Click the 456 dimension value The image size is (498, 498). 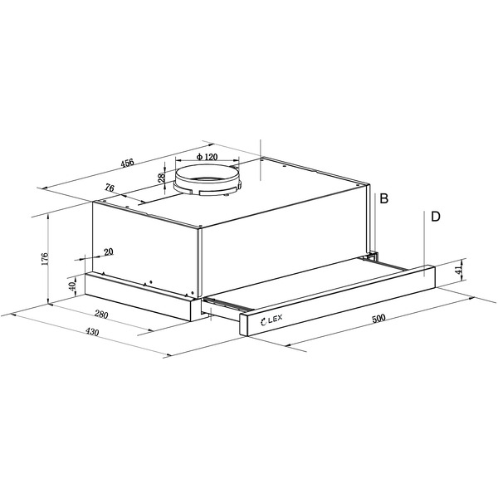coord(128,163)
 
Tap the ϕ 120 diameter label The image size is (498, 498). coord(207,157)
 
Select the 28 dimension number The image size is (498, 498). coord(162,178)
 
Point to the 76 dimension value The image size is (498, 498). coord(110,188)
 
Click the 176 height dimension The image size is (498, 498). coord(45,259)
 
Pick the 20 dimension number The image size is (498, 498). coord(109,251)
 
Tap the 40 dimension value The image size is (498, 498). coord(72,286)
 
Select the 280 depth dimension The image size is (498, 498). coord(101,315)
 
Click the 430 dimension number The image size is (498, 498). coord(92,332)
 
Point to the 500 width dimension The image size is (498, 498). coord(378,318)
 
